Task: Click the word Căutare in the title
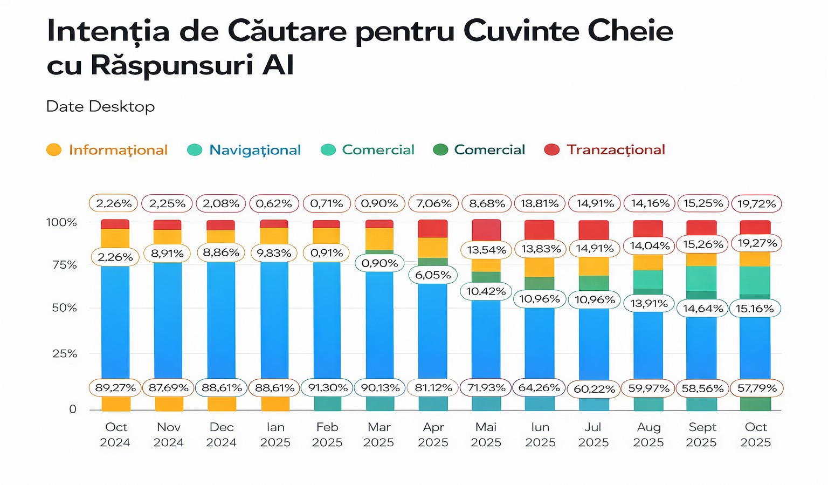pyautogui.click(x=287, y=31)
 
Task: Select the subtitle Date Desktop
pyautogui.click(x=100, y=106)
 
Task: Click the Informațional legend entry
pyautogui.click(x=118, y=150)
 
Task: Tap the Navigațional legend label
pyautogui.click(x=254, y=150)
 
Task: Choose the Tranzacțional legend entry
pyautogui.click(x=615, y=149)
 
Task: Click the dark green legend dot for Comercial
pyautogui.click(x=440, y=150)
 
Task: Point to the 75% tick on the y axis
pyautogui.click(x=64, y=265)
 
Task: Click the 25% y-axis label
pyautogui.click(x=64, y=354)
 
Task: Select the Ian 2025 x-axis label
pyautogui.click(x=275, y=435)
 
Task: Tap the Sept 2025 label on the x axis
pyautogui.click(x=701, y=435)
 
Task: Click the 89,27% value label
pyautogui.click(x=115, y=388)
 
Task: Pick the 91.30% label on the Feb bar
pyautogui.click(x=327, y=388)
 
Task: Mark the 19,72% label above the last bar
pyautogui.click(x=756, y=204)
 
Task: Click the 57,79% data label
pyautogui.click(x=756, y=388)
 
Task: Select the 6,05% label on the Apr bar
pyautogui.click(x=433, y=275)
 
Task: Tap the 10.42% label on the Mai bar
pyautogui.click(x=486, y=292)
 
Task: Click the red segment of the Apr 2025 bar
pyautogui.click(x=433, y=229)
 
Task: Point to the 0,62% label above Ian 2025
pyautogui.click(x=274, y=204)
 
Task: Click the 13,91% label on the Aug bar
pyautogui.click(x=648, y=304)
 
